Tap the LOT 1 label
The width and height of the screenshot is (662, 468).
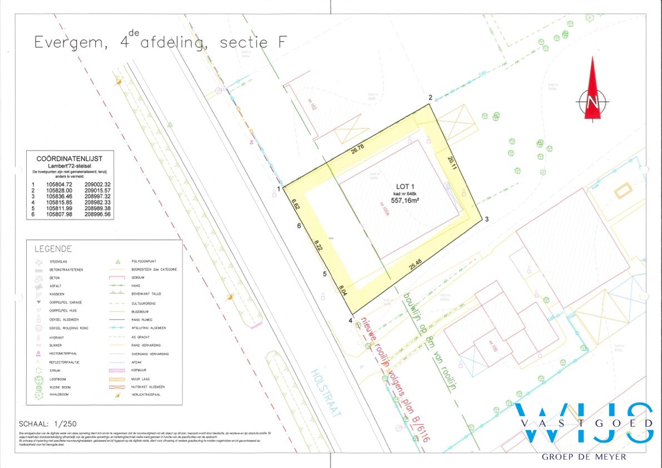(406, 186)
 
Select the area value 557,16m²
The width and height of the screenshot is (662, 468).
(406, 200)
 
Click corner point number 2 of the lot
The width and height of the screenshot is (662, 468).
(430, 98)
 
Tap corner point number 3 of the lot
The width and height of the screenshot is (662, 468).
(486, 219)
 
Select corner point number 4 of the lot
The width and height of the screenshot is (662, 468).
(350, 321)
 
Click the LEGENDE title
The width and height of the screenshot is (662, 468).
(53, 249)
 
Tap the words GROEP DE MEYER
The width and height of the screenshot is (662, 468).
(584, 457)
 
